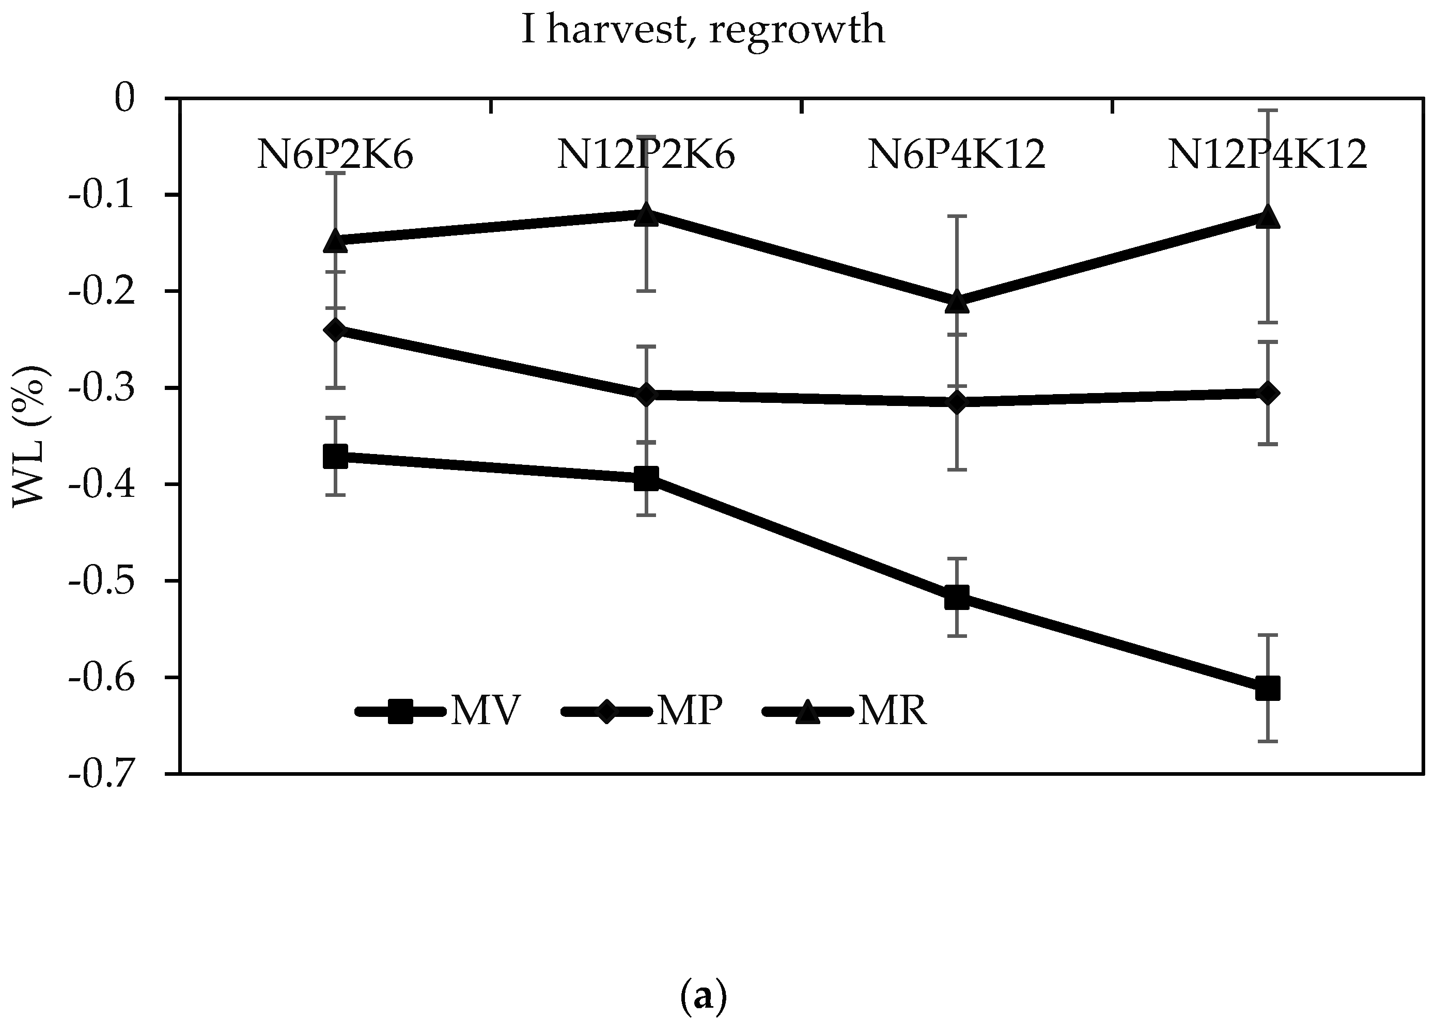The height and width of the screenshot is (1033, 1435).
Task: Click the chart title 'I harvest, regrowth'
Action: (x=703, y=30)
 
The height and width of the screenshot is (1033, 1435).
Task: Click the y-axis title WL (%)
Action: (x=30, y=435)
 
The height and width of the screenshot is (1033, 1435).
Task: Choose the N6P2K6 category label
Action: (x=335, y=155)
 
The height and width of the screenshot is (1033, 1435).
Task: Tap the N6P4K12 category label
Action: (x=956, y=155)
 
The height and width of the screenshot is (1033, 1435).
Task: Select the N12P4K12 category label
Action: (x=1267, y=155)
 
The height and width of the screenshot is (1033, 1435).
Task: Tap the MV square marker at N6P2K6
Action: (x=335, y=456)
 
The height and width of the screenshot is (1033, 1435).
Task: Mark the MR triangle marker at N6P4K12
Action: (x=957, y=302)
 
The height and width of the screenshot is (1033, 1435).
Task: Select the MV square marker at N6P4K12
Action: (x=957, y=597)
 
